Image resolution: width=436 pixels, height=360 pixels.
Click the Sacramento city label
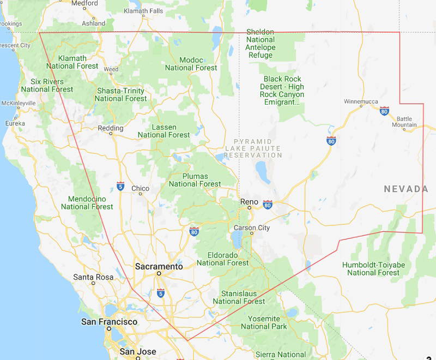tap(159, 266)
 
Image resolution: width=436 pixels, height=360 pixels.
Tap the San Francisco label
tap(110, 322)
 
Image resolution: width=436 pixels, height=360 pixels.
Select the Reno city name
tap(249, 202)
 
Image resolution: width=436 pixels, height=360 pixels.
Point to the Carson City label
tap(251, 227)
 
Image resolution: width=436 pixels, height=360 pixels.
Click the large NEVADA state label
tap(406, 189)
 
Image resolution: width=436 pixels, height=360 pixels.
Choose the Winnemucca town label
tap(361, 101)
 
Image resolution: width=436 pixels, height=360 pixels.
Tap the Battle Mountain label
tap(404, 122)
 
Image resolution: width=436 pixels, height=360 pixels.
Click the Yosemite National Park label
tap(264, 322)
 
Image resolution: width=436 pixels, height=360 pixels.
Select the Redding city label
tap(110, 128)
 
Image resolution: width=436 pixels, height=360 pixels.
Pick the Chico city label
tap(140, 189)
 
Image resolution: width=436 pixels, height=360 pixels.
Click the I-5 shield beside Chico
tap(120, 187)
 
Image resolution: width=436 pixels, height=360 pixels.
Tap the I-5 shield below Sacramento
tap(160, 293)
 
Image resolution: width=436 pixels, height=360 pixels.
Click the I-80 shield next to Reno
tap(267, 205)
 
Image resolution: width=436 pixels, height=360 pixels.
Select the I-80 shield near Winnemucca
tap(384, 111)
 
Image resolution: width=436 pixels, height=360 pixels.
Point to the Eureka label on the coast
tap(15, 123)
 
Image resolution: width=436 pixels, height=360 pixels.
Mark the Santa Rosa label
tap(93, 277)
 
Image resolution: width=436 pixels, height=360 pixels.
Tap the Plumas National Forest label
tap(195, 180)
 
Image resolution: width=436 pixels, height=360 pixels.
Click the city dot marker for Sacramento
tap(159, 273)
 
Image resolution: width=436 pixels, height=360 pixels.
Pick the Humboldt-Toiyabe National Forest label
tap(373, 268)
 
